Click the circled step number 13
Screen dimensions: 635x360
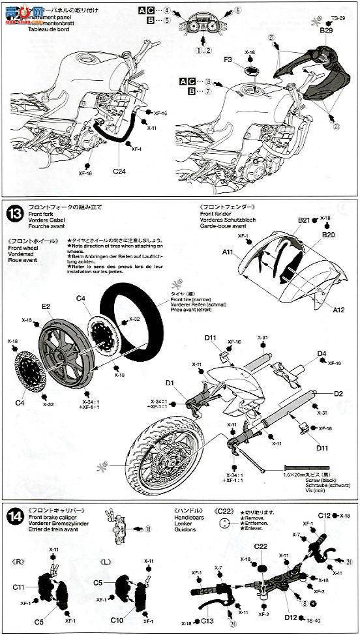pyautogui.click(x=16, y=213)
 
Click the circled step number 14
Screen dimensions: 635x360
pyautogui.click(x=15, y=514)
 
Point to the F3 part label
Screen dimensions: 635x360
pyautogui.click(x=228, y=59)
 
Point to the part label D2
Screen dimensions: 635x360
pyautogui.click(x=338, y=394)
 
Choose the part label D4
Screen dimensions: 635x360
pyautogui.click(x=322, y=354)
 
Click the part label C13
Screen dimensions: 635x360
pyautogui.click(x=207, y=620)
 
